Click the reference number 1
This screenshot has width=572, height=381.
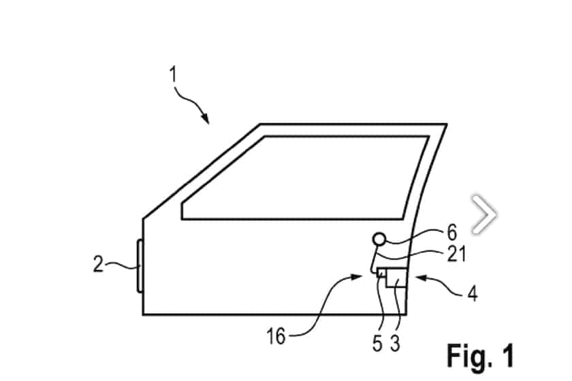pos(173,74)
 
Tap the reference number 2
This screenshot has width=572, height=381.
pos(98,264)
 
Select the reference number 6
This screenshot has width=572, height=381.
pos(451,233)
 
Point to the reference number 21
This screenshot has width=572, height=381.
pos(456,254)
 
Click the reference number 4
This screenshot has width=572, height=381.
pos(473,293)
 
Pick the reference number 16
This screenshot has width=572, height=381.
pos(276,336)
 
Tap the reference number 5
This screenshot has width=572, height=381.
pos(377,343)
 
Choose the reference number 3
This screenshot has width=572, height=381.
pos(395,343)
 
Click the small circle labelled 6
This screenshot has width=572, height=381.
pos(379,239)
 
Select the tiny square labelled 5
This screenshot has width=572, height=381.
pos(382,272)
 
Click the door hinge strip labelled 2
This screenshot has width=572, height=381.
pos(140,266)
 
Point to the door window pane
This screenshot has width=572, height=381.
pos(305,178)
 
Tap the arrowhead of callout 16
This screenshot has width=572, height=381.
pos(357,277)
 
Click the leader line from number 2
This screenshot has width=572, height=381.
pos(122,265)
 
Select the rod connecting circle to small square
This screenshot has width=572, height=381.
pos(374,259)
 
